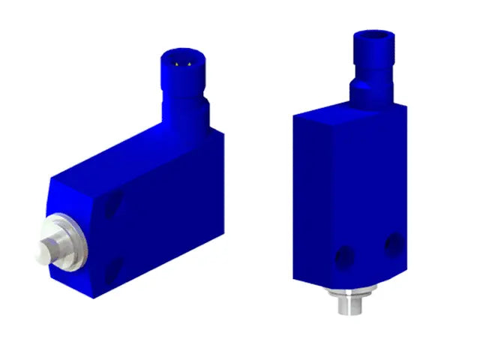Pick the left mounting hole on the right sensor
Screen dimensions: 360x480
343,257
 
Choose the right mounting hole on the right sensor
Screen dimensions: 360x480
391,243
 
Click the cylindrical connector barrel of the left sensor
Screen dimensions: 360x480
182,82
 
